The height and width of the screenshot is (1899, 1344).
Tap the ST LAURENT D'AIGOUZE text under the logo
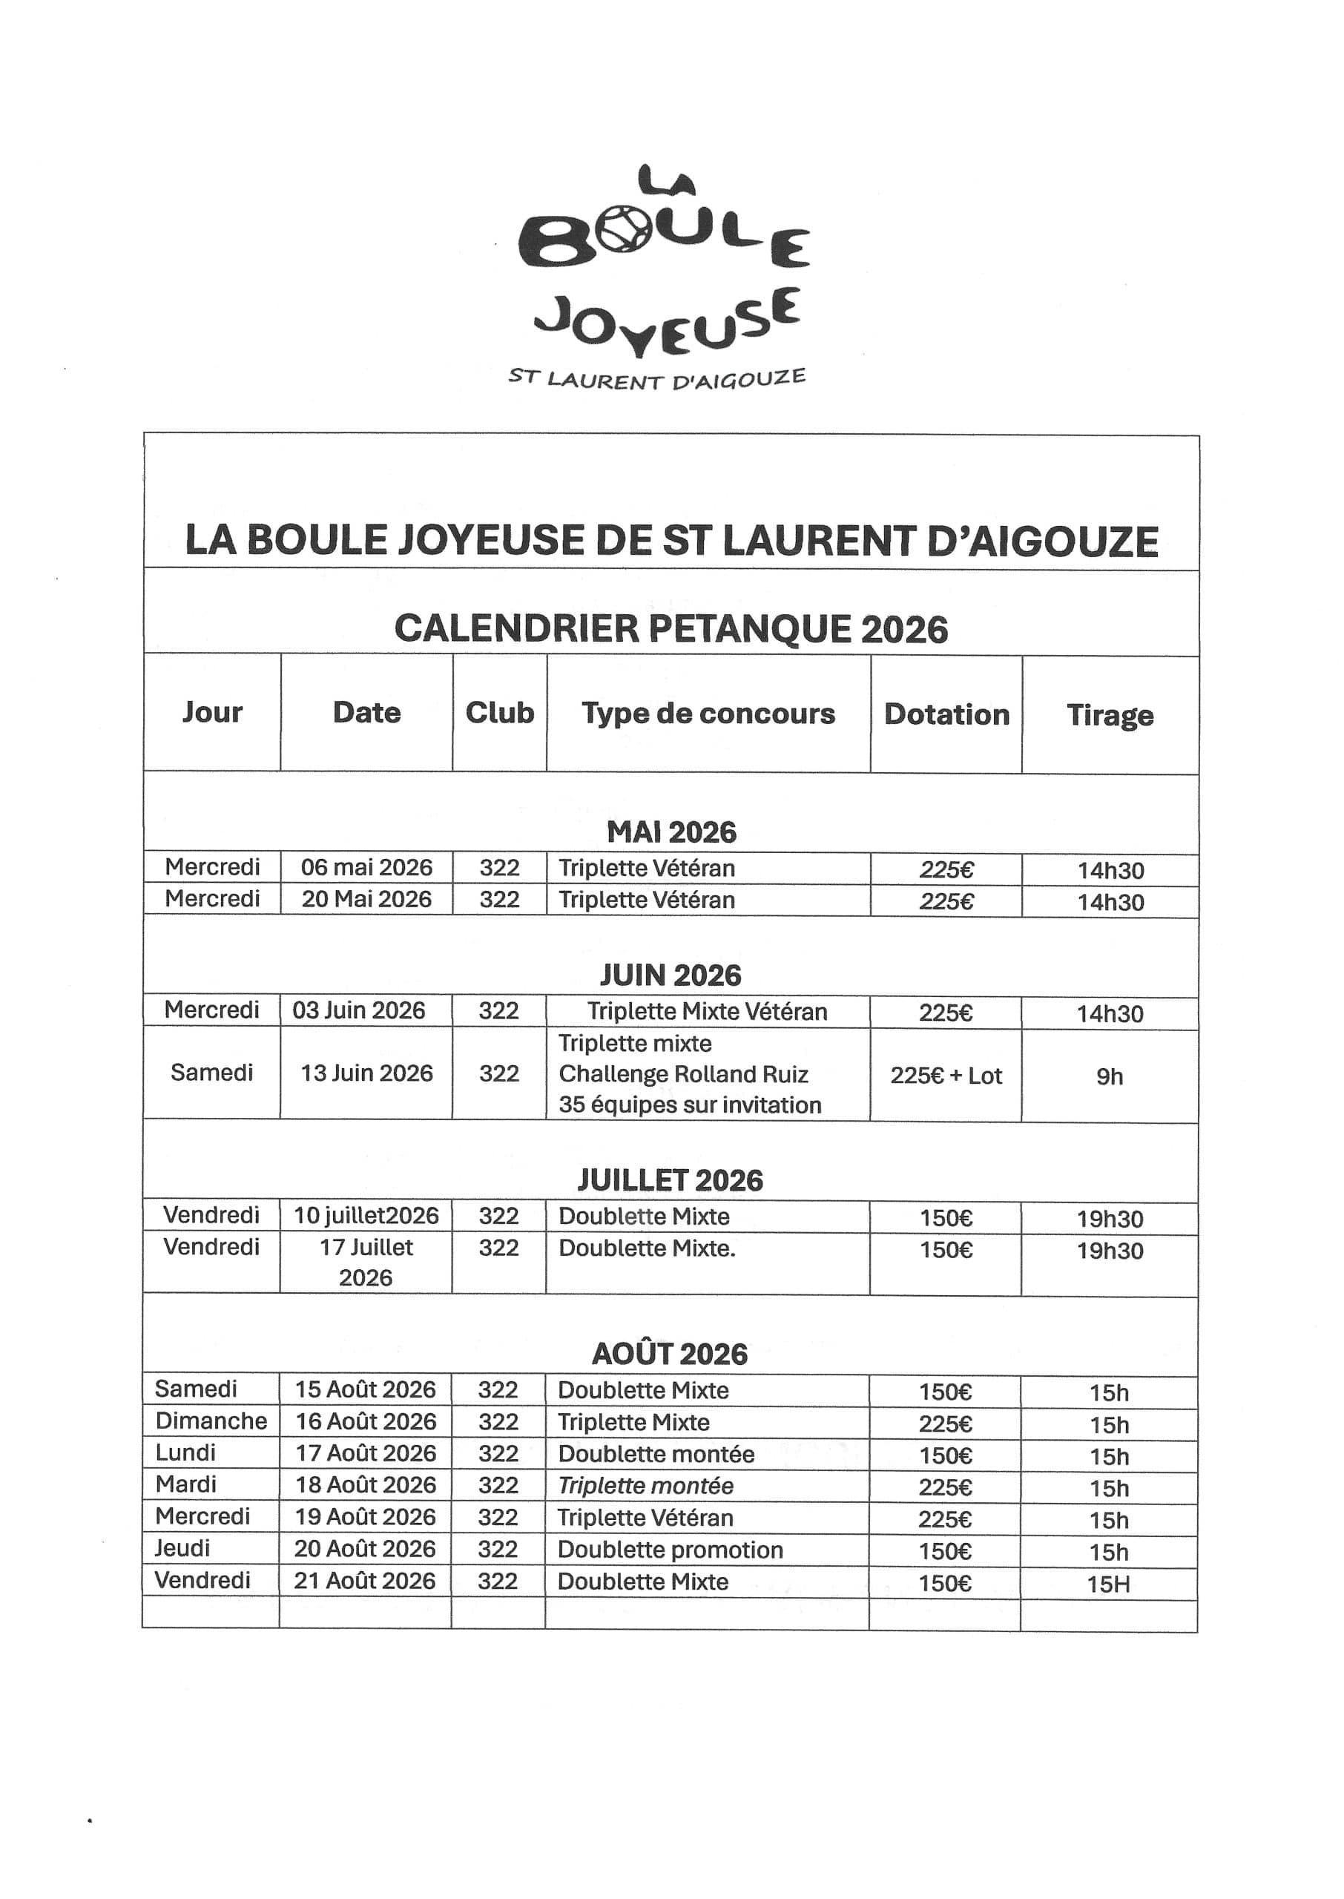(656, 379)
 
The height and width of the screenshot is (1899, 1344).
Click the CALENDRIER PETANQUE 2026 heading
(671, 629)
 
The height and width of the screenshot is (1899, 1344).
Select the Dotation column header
(946, 714)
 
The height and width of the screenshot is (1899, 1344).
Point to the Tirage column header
(1109, 715)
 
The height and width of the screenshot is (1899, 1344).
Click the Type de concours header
(708, 714)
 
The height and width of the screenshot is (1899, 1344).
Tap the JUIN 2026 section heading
(671, 975)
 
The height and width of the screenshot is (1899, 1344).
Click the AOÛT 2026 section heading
(670, 1354)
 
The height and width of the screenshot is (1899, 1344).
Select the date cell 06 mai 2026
(366, 867)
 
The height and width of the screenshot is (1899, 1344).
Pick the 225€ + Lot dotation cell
(945, 1076)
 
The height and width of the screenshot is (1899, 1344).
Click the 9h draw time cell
(1109, 1076)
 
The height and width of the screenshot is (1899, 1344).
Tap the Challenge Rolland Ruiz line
(683, 1074)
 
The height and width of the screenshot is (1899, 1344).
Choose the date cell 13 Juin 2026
(366, 1073)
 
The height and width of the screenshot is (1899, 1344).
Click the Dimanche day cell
(211, 1421)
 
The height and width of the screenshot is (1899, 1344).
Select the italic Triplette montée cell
(645, 1485)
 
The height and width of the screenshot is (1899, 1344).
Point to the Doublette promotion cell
(670, 1550)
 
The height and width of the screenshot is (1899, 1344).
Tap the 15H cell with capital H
(1108, 1584)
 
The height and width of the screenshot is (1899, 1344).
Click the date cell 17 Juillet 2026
(366, 1262)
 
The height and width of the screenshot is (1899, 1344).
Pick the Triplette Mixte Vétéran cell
(707, 1011)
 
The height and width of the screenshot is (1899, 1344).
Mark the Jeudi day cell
(183, 1548)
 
